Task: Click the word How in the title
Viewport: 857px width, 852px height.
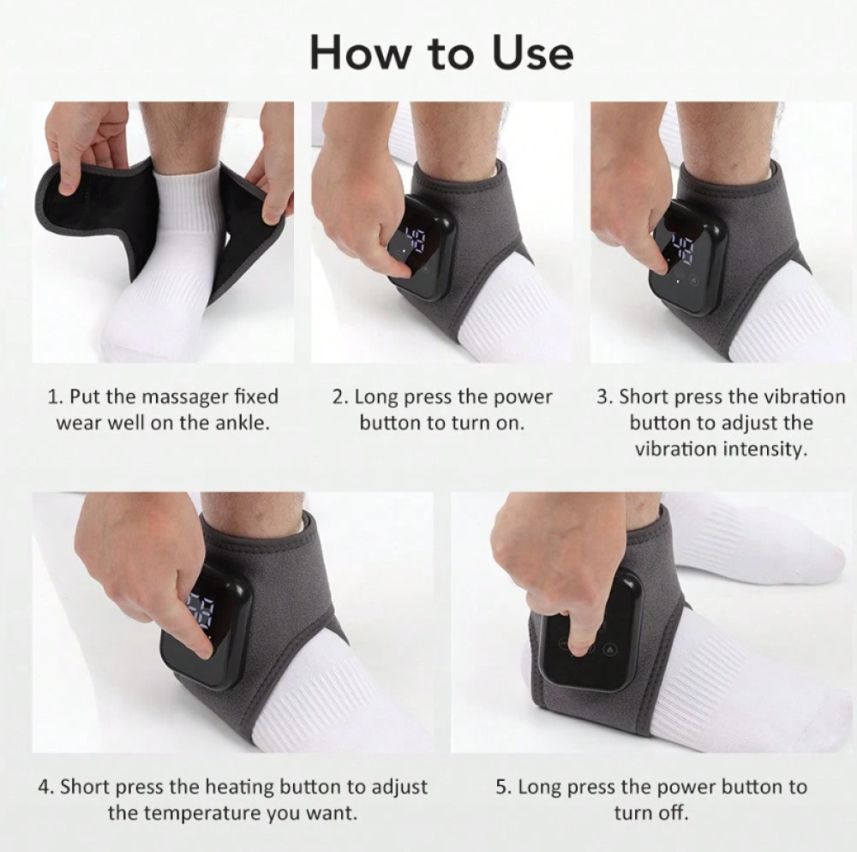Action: coord(359,53)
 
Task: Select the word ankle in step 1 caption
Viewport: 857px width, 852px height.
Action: coord(243,423)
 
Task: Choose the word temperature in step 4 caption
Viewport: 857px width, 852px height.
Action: coord(206,813)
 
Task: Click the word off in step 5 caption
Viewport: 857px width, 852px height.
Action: coord(673,813)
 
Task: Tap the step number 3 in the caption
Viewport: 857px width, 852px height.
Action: coord(602,397)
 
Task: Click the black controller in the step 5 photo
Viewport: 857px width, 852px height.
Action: coord(590,635)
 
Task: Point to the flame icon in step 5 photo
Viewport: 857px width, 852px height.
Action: coord(610,650)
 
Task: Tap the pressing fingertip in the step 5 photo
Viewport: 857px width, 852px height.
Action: coord(581,647)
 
